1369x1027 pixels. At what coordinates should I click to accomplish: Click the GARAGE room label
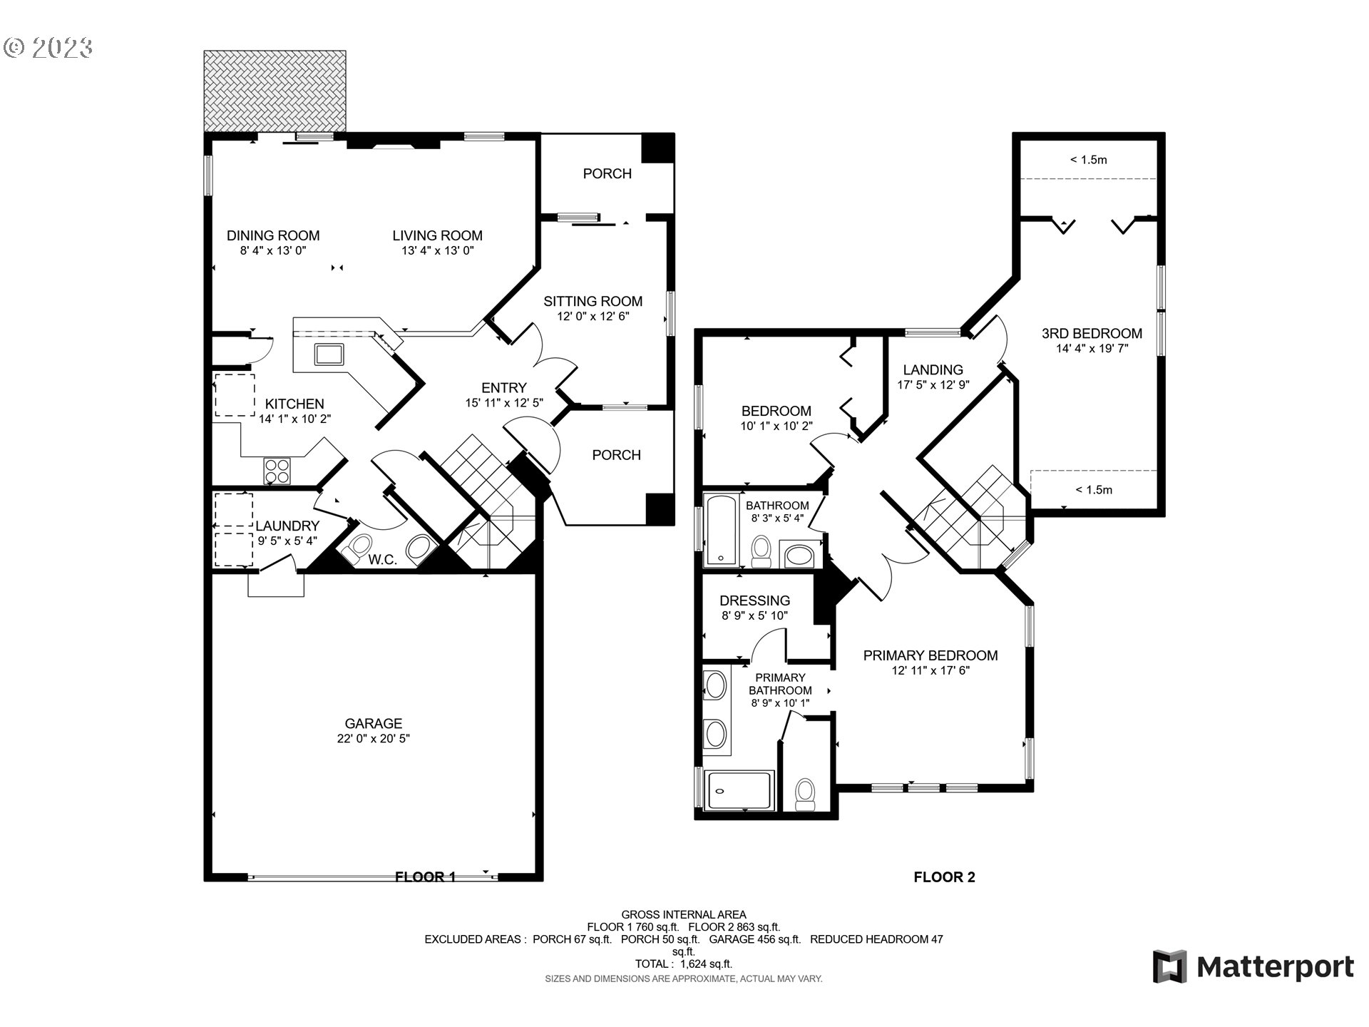point(373,723)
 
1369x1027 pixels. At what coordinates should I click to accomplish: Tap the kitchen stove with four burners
point(277,470)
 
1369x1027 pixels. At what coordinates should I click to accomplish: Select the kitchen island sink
point(329,354)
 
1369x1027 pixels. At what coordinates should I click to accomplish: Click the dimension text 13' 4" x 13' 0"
point(437,251)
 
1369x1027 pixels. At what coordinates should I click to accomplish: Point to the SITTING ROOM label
point(593,301)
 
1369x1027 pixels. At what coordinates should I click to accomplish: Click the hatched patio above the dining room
point(275,91)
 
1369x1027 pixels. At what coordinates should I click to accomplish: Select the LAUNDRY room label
point(287,526)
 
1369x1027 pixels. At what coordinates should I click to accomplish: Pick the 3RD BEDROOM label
point(1092,333)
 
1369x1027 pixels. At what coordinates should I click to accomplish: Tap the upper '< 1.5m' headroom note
point(1088,160)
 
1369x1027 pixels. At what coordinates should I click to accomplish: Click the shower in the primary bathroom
point(739,790)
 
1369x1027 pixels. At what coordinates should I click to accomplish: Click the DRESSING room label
point(754,601)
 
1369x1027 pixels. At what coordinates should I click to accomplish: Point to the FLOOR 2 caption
point(944,877)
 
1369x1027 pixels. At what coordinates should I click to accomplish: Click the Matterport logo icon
point(1169,966)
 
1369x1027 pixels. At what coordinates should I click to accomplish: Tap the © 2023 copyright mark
point(48,48)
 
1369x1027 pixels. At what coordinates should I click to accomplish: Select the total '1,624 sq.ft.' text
point(705,964)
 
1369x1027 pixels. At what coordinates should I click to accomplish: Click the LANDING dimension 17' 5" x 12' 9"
point(933,385)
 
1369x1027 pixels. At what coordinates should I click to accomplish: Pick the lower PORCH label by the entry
point(616,455)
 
